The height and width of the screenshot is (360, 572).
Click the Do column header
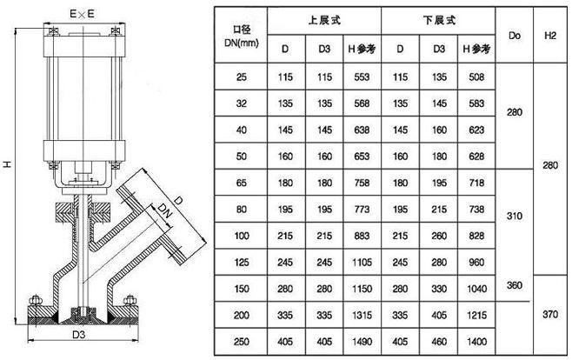pos(513,35)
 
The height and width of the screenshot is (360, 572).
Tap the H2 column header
pos(549,35)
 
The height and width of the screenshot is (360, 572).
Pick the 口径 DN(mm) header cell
pos(241,36)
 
